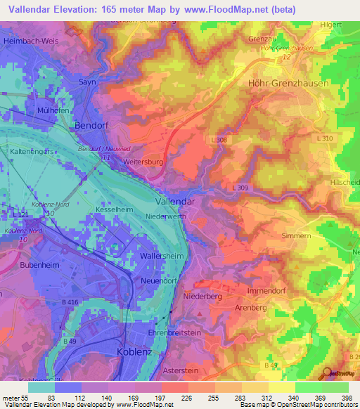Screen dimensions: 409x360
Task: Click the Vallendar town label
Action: pos(175,201)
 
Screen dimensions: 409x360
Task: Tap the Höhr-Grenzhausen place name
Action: pos(288,83)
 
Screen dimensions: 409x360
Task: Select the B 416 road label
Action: pos(70,301)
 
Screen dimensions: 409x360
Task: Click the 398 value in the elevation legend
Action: pos(347,398)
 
